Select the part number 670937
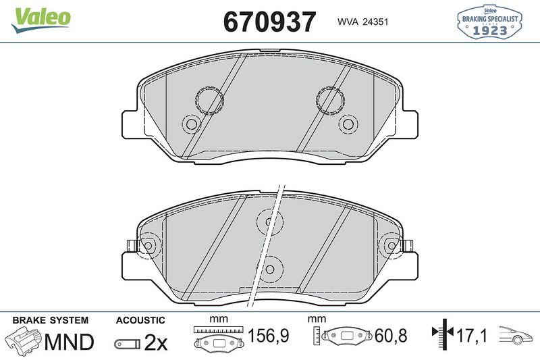click(x=269, y=22)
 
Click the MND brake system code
click(x=69, y=342)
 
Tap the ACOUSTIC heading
click(x=140, y=320)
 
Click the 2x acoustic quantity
click(x=156, y=342)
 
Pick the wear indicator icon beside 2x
click(x=126, y=343)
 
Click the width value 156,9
click(x=269, y=336)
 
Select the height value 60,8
click(x=392, y=336)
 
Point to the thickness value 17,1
click(x=473, y=335)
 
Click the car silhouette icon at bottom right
click(x=516, y=334)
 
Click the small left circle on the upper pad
click(x=191, y=124)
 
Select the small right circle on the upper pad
click(x=348, y=124)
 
